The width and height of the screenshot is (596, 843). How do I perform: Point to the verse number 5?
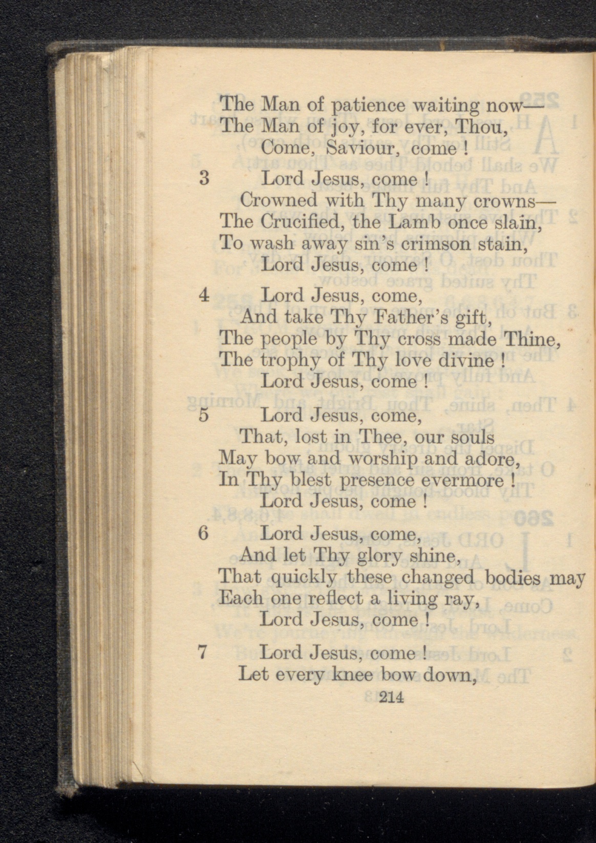tap(203, 415)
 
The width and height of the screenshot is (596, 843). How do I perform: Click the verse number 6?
tap(203, 533)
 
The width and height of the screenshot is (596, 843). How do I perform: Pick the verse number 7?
tap(203, 653)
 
